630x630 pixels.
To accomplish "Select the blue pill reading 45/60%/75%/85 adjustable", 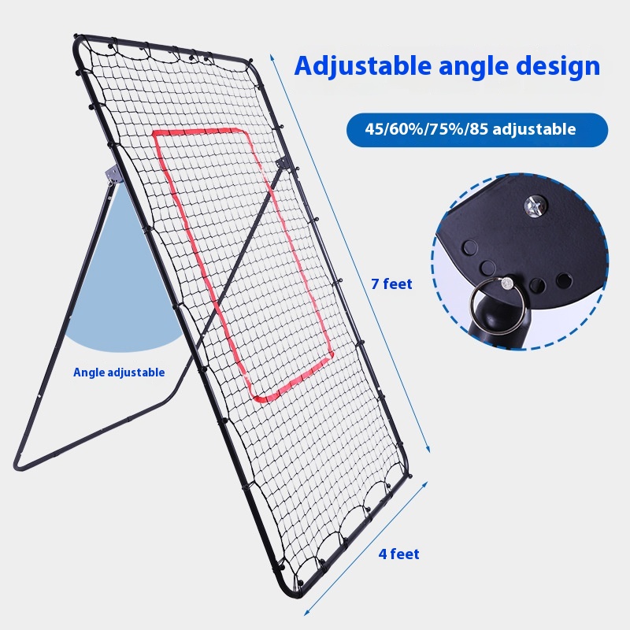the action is tap(477, 130).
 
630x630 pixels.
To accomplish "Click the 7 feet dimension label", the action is tap(391, 284).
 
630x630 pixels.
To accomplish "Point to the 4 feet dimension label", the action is tap(398, 554).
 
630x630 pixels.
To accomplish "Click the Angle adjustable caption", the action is tap(119, 372).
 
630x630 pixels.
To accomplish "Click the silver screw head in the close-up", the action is tap(535, 208).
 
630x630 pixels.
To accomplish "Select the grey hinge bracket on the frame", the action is tap(112, 176).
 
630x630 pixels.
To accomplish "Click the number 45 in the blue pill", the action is tap(373, 130).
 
